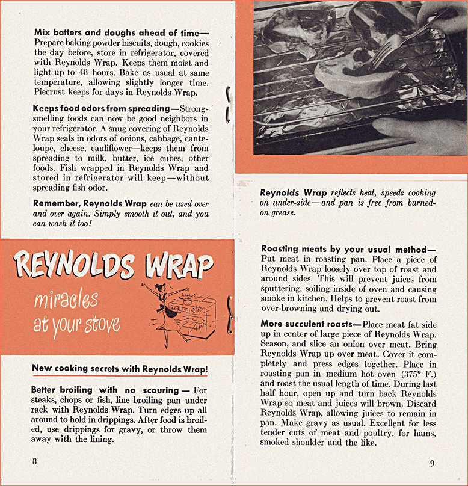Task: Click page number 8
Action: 35,461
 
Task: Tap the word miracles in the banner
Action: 66,299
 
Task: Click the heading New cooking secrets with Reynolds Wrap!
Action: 119,368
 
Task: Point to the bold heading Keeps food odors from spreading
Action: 102,108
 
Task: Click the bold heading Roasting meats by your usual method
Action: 348,248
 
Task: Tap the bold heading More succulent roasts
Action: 307,324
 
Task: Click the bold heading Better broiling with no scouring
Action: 105,390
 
